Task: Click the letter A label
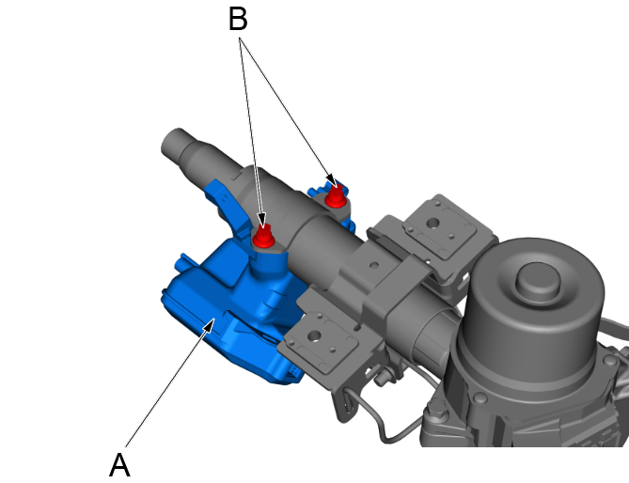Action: (x=119, y=464)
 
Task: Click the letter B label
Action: (x=239, y=19)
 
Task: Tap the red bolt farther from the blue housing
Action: (x=334, y=195)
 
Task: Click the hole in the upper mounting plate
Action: (x=433, y=224)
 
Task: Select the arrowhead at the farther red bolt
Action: (x=330, y=179)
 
